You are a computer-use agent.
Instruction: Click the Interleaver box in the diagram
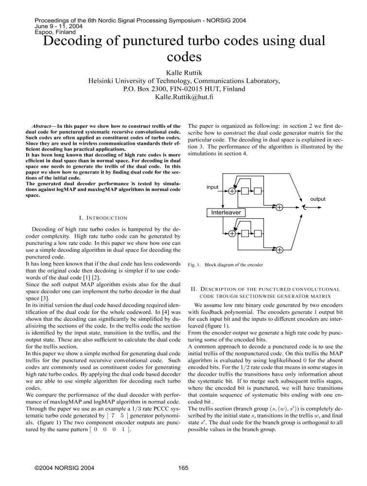pyautogui.click(x=226, y=212)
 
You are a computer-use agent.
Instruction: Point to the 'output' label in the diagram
pyautogui.click(x=318, y=199)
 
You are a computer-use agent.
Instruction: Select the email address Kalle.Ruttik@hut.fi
pyautogui.click(x=183, y=97)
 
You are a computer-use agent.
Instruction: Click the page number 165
pyautogui.click(x=183, y=468)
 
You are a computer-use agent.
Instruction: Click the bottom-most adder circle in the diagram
pyautogui.click(x=280, y=251)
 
